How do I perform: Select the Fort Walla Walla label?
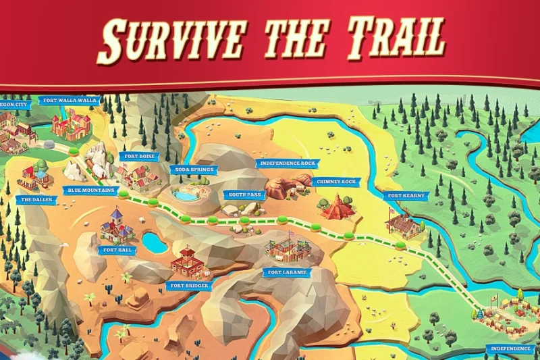coord(70,101)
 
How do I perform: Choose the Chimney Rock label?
coord(335,182)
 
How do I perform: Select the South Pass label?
coord(243,195)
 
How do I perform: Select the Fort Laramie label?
coord(288,272)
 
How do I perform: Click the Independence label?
coord(510,349)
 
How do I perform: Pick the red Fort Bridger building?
coord(188,262)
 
